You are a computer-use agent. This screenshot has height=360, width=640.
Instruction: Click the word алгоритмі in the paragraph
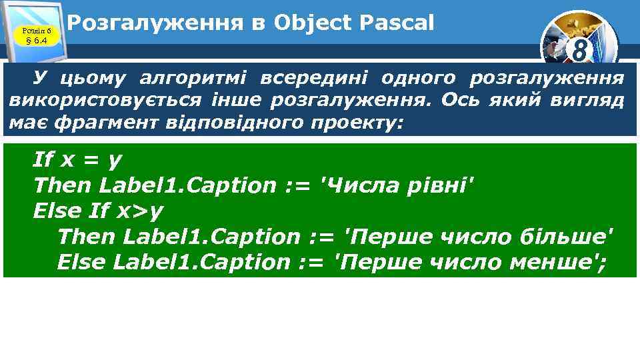tap(192, 79)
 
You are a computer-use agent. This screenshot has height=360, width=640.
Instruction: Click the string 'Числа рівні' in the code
tap(399, 185)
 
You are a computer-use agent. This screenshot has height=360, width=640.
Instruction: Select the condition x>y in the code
tap(140, 211)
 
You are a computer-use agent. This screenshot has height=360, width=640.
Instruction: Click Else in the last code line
tap(81, 262)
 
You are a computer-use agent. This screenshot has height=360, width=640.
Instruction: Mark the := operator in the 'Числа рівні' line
tap(297, 185)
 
